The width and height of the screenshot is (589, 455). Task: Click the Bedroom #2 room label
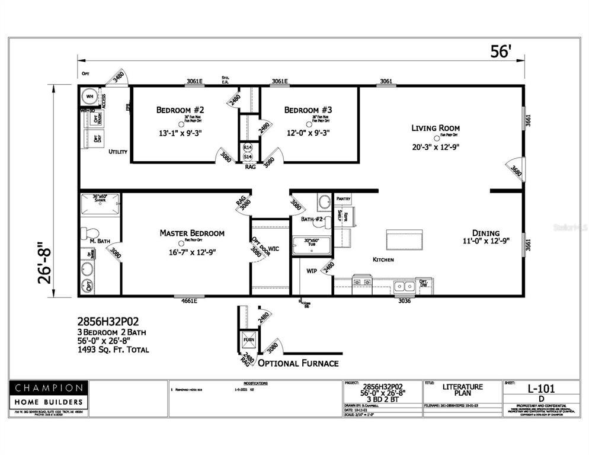point(180,110)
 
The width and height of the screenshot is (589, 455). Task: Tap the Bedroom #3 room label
point(308,110)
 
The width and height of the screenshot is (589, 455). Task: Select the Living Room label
point(436,127)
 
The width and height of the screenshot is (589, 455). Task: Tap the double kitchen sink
point(405,286)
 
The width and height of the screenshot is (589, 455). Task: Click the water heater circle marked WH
point(91,97)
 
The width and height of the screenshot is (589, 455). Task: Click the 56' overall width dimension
point(500,52)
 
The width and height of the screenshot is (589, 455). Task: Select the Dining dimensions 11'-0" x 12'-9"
point(485,241)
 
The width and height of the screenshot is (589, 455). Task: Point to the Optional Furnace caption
point(298,363)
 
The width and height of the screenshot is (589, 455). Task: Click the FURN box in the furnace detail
point(247,341)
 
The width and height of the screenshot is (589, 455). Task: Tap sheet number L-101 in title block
point(541,389)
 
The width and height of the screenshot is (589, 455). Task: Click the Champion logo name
point(49,388)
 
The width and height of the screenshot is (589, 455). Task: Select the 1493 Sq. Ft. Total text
point(113,350)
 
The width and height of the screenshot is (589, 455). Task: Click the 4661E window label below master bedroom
point(190,301)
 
